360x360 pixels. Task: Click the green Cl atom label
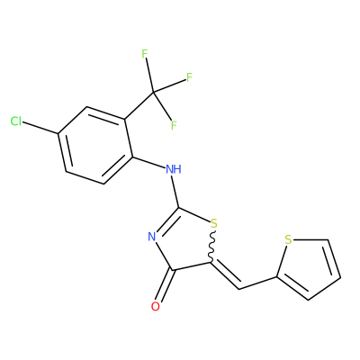16,121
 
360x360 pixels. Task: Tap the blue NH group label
174,169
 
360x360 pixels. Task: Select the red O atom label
156,307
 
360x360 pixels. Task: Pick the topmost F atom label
145,54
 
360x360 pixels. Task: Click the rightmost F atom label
189,77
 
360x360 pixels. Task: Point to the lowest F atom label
174,125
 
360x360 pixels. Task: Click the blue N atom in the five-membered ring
152,237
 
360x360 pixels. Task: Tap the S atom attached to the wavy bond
213,224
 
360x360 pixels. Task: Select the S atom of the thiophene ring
288,240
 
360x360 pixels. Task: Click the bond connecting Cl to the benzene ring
40,128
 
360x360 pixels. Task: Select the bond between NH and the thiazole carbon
175,192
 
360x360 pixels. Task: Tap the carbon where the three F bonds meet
153,92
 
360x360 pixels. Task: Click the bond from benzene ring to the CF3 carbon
139,105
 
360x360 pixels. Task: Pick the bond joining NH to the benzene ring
148,162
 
